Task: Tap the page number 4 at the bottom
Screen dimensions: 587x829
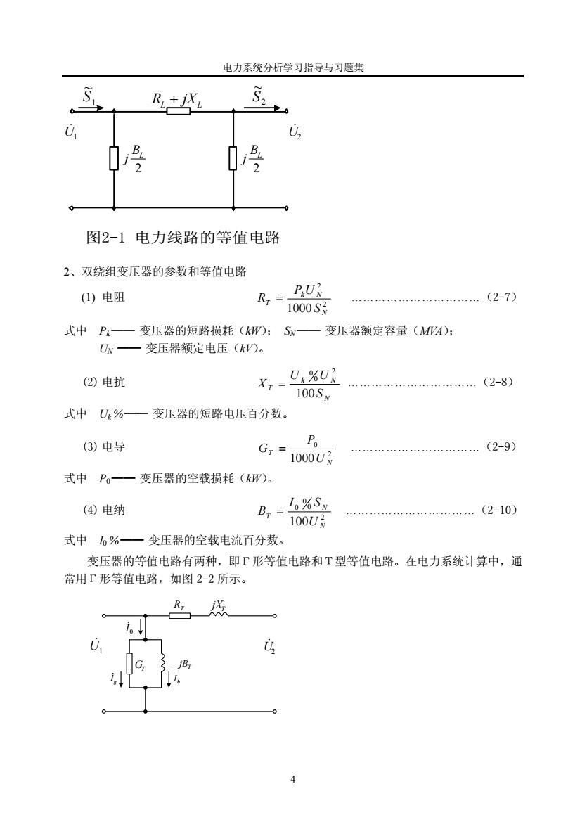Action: [x=292, y=779]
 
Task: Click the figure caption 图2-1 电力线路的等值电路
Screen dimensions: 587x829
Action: [x=183, y=238]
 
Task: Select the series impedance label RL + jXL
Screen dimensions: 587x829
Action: [x=176, y=99]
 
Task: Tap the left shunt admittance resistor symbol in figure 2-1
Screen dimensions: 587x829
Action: [x=114, y=159]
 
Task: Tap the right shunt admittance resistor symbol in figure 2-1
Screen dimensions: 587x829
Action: [x=233, y=159]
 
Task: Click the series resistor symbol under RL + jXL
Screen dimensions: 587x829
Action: [x=179, y=111]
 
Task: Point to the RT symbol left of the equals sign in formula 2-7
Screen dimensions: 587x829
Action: [x=264, y=300]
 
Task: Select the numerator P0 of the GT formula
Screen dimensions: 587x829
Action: [x=312, y=440]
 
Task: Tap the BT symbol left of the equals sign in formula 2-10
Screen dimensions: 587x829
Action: [x=264, y=511]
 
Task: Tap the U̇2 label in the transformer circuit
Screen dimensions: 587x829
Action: [x=269, y=646]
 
